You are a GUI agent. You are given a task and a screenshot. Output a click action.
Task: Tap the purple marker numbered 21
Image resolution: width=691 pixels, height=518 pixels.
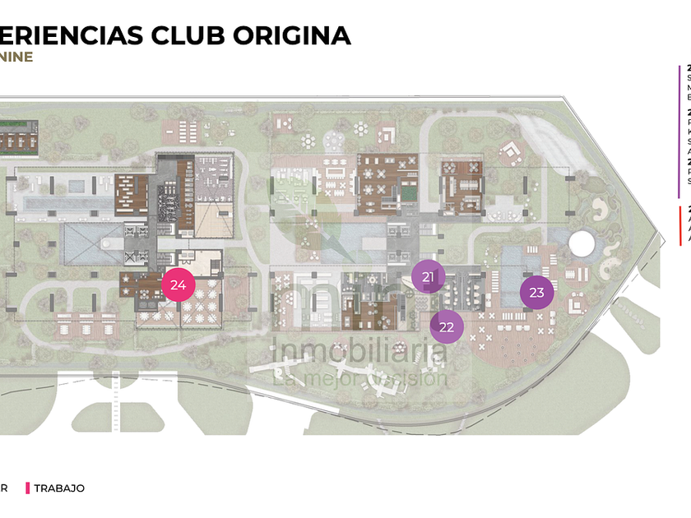click(428, 277)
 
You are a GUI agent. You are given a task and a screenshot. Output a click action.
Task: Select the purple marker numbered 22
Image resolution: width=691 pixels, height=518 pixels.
click(447, 326)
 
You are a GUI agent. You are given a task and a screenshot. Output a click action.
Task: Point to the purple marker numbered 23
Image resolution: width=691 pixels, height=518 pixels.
click(536, 292)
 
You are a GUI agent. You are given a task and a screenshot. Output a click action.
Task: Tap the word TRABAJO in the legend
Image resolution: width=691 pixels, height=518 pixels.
click(59, 488)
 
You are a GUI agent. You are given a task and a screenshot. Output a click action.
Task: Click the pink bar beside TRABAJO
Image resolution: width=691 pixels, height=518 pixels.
click(28, 488)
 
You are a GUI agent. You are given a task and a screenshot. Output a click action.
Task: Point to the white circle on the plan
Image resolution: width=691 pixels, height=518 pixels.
click(582, 243)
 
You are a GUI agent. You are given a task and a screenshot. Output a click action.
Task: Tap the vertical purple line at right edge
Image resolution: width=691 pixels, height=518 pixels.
click(679, 132)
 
